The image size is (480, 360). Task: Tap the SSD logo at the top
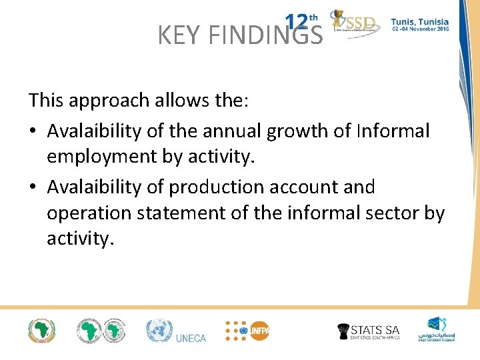[356, 24]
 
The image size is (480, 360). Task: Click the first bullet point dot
[33, 131]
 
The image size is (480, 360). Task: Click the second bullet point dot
[33, 188]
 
